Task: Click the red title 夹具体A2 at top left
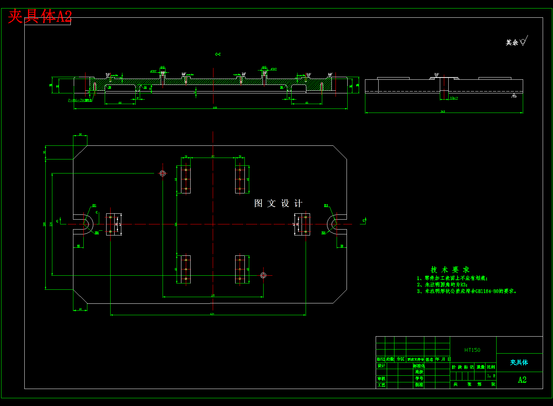coord(40,17)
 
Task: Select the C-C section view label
coord(218,54)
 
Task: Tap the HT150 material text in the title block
coord(472,350)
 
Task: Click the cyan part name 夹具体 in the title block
coord(519,362)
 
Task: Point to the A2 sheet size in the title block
coord(522,380)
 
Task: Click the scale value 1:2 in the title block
coord(491,376)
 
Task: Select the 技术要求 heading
coord(450,270)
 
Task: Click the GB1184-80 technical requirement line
coord(467,291)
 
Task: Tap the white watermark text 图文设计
coord(278,203)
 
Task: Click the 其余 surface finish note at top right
coord(512,42)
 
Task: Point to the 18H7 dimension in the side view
coord(454,98)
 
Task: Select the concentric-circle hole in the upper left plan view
coord(163,173)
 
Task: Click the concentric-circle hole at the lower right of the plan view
coord(263,275)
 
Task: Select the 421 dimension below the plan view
coord(212,314)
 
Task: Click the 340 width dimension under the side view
coord(443,111)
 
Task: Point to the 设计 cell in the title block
coord(381,366)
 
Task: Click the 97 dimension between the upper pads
coord(213,156)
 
